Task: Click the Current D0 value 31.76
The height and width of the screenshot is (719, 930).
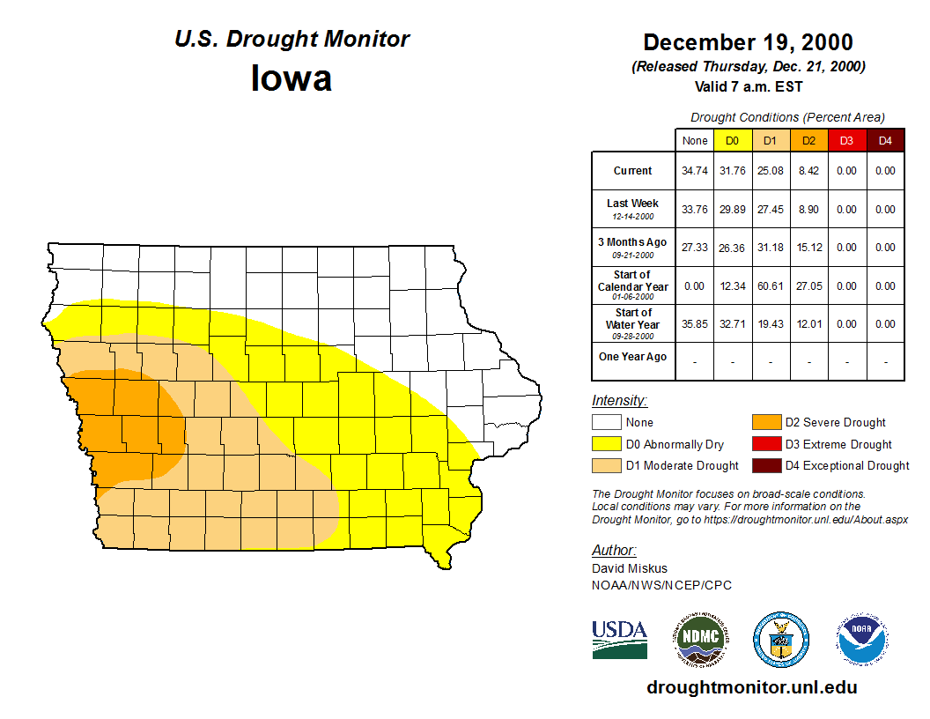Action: coord(732,171)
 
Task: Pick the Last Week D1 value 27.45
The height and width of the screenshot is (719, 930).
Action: coord(770,210)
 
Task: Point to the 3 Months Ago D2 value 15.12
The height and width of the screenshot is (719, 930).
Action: coord(808,248)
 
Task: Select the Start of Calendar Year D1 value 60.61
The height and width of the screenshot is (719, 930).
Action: coord(770,286)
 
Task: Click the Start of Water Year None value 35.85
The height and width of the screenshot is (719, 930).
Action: coord(695,324)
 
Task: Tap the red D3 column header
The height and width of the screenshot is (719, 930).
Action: coord(846,141)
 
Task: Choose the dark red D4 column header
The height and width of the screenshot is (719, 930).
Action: coord(885,141)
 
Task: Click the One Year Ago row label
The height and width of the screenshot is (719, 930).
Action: coord(632,357)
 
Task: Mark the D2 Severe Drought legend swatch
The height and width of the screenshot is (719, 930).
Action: coord(764,423)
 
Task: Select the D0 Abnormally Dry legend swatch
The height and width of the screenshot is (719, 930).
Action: coord(606,444)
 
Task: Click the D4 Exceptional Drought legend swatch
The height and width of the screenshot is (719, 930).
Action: coord(764,465)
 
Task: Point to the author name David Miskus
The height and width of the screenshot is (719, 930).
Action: coord(630,568)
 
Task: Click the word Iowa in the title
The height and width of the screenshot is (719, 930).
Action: coord(292,78)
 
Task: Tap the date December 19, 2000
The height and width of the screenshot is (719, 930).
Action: coord(748,42)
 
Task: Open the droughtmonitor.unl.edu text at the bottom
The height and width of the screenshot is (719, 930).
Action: coord(751,687)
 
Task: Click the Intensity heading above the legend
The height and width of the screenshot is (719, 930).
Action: coord(619,401)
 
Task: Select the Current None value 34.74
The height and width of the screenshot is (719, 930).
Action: coord(695,171)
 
